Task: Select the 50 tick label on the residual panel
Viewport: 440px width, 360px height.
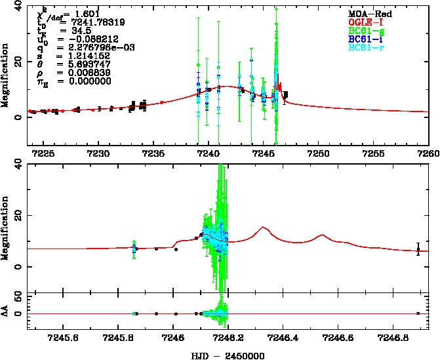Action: (x=19, y=298)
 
